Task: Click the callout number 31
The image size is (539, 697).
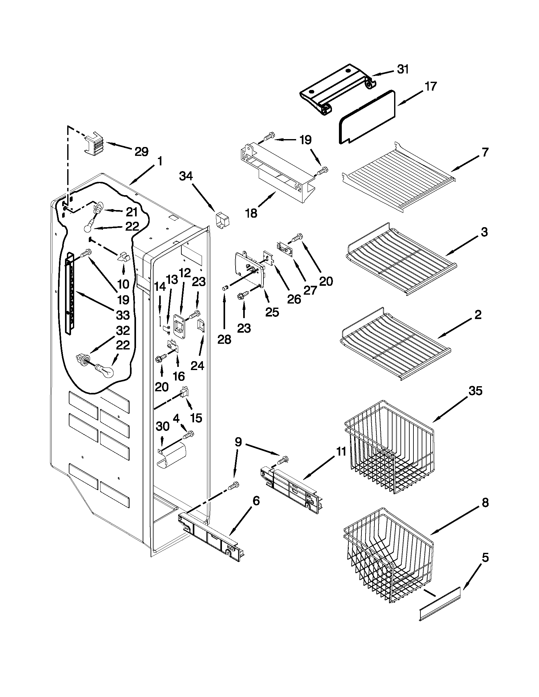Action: pos(403,69)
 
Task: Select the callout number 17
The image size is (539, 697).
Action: pos(431,86)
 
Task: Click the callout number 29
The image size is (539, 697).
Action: pos(141,151)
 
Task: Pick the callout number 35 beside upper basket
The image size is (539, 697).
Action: pos(475,391)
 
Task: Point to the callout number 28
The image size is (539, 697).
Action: pos(224,340)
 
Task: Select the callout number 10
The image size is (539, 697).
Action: pos(123,284)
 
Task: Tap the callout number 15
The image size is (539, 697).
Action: pos(196,418)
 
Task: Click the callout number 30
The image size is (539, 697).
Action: pos(163,426)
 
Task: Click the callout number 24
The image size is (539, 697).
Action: pos(197,365)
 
